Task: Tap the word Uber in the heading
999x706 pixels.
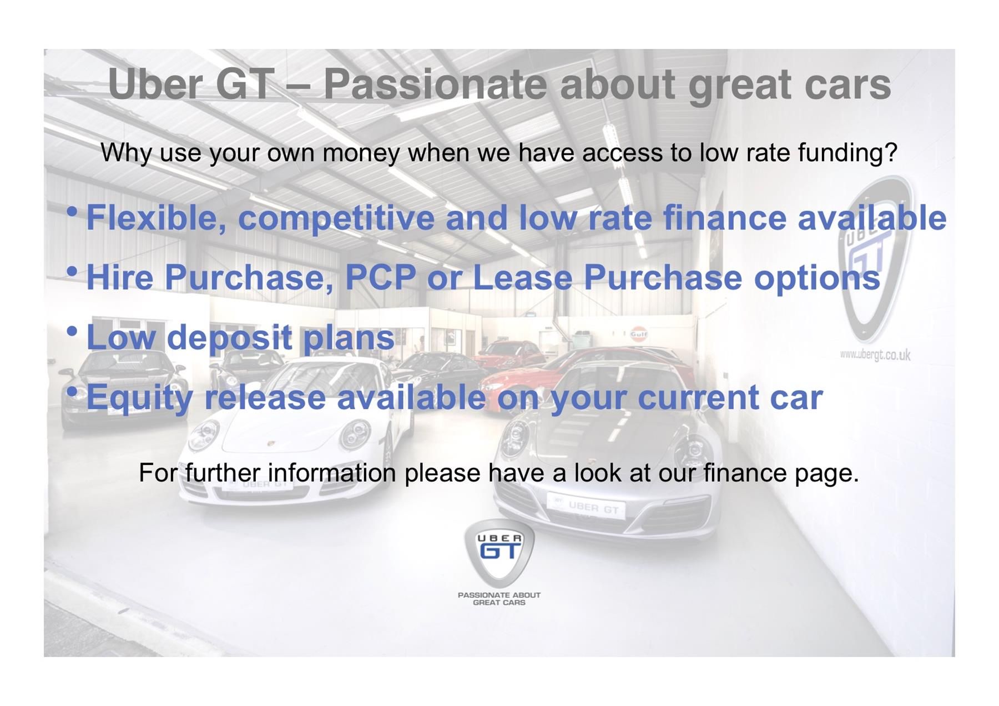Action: (x=154, y=84)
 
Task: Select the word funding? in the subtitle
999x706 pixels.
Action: (x=847, y=152)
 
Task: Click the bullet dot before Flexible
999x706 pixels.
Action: (x=72, y=212)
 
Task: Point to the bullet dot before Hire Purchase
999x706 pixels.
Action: (x=72, y=272)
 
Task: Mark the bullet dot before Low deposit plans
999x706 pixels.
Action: (x=72, y=332)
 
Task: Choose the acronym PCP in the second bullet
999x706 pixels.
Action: (x=381, y=277)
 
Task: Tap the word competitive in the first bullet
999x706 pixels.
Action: (x=336, y=218)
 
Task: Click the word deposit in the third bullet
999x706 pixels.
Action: (x=229, y=338)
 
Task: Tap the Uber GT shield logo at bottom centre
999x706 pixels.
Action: (x=499, y=553)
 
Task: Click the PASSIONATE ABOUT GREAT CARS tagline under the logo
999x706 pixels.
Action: (x=499, y=598)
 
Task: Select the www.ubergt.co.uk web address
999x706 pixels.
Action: (x=875, y=354)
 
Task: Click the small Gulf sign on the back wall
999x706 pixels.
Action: (x=638, y=334)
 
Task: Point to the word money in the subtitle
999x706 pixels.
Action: (x=361, y=153)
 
